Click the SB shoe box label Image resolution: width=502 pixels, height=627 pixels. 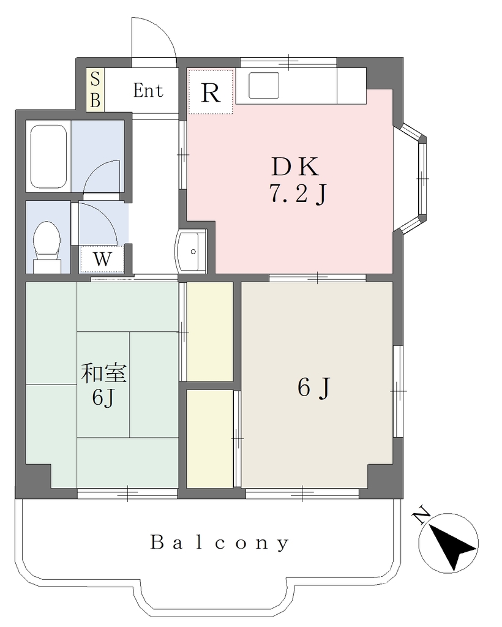[95, 89]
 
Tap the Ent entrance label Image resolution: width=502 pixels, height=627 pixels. [148, 91]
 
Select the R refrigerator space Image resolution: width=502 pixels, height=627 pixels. [210, 92]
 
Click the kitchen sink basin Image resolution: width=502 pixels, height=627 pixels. [264, 85]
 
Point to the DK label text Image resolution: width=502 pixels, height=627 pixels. [295, 167]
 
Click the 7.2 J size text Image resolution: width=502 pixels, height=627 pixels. [298, 195]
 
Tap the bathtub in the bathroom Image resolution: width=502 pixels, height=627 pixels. [48, 156]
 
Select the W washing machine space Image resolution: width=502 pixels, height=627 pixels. [102, 260]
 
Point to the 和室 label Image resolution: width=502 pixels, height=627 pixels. [104, 373]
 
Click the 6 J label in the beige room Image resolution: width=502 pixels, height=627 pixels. [313, 388]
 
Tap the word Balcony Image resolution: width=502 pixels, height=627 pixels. [219, 543]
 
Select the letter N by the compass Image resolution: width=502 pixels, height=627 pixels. [421, 516]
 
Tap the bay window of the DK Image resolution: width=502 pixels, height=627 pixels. [414, 178]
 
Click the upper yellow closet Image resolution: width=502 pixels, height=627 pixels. [210, 331]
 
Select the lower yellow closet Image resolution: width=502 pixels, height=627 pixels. [210, 438]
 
